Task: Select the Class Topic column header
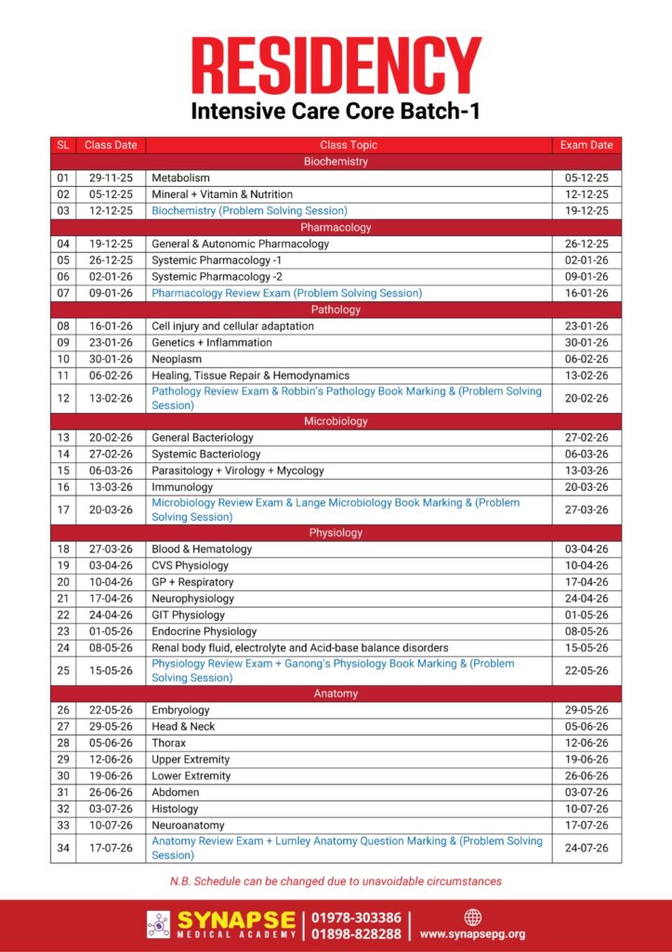pyautogui.click(x=348, y=145)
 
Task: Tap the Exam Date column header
pyautogui.click(x=586, y=145)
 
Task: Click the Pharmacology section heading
pyautogui.click(x=336, y=227)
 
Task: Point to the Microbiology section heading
pyautogui.click(x=336, y=421)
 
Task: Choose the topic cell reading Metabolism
pyautogui.click(x=180, y=178)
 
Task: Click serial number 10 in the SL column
pyautogui.click(x=63, y=359)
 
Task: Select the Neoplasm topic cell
pyautogui.click(x=177, y=359)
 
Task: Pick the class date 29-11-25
pyautogui.click(x=111, y=178)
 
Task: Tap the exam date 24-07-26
pyautogui.click(x=586, y=848)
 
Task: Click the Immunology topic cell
pyautogui.click(x=182, y=486)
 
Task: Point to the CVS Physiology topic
pyautogui.click(x=190, y=565)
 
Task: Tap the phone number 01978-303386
pyautogui.click(x=357, y=917)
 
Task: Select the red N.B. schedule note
pyautogui.click(x=336, y=880)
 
